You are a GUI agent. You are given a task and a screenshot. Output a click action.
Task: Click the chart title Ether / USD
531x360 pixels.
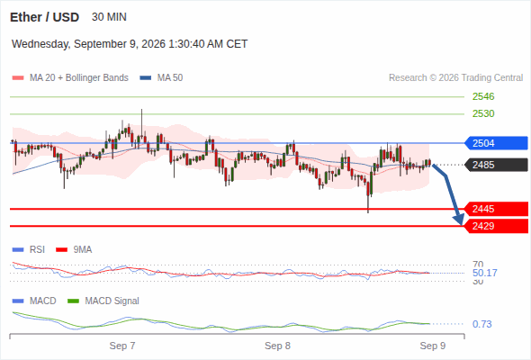(44, 17)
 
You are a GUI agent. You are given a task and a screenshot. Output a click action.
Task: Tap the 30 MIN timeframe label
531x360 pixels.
(109, 17)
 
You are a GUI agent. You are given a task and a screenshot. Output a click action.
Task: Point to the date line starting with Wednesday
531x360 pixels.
(130, 44)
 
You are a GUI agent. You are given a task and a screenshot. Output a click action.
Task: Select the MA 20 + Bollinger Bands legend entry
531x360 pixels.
(70, 78)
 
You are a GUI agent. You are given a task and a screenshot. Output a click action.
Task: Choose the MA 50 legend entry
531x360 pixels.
(161, 78)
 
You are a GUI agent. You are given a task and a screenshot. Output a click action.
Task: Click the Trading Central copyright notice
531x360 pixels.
(455, 78)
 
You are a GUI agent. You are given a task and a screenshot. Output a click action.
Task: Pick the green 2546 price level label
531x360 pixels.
(483, 96)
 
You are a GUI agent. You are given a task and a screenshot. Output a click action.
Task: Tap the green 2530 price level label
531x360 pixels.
(483, 113)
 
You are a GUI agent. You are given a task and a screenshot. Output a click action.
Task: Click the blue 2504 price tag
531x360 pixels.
(496, 143)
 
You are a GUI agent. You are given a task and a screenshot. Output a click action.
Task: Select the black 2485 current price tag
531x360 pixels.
(496, 165)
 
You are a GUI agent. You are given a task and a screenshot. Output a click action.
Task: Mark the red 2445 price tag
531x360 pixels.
(496, 209)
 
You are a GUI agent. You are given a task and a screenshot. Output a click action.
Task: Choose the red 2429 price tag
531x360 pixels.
(496, 226)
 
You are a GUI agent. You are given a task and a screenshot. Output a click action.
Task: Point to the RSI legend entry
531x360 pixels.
(29, 249)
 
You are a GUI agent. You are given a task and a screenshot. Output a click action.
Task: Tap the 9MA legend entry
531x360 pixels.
(74, 249)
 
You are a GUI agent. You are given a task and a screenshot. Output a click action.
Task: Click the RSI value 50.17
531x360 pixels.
(484, 273)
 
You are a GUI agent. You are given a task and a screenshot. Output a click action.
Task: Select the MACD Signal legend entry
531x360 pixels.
(103, 301)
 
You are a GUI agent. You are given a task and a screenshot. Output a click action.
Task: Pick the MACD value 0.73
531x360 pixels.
(481, 324)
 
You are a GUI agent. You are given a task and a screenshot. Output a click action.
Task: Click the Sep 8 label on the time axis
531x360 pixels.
(277, 346)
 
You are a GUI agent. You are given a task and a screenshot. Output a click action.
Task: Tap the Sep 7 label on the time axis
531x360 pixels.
(122, 346)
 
